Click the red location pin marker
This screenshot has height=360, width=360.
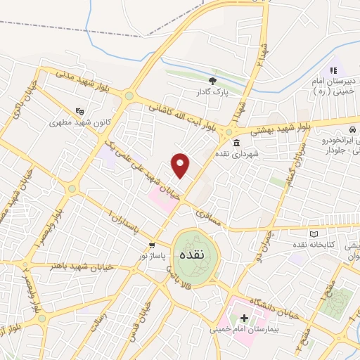[181, 166]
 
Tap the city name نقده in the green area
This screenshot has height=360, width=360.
[191, 254]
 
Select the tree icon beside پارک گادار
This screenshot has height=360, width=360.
[212, 80]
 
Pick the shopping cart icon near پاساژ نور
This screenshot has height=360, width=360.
[152, 245]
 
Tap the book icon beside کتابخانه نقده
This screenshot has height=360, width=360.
[314, 233]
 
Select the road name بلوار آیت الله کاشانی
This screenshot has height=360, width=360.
[181, 116]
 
